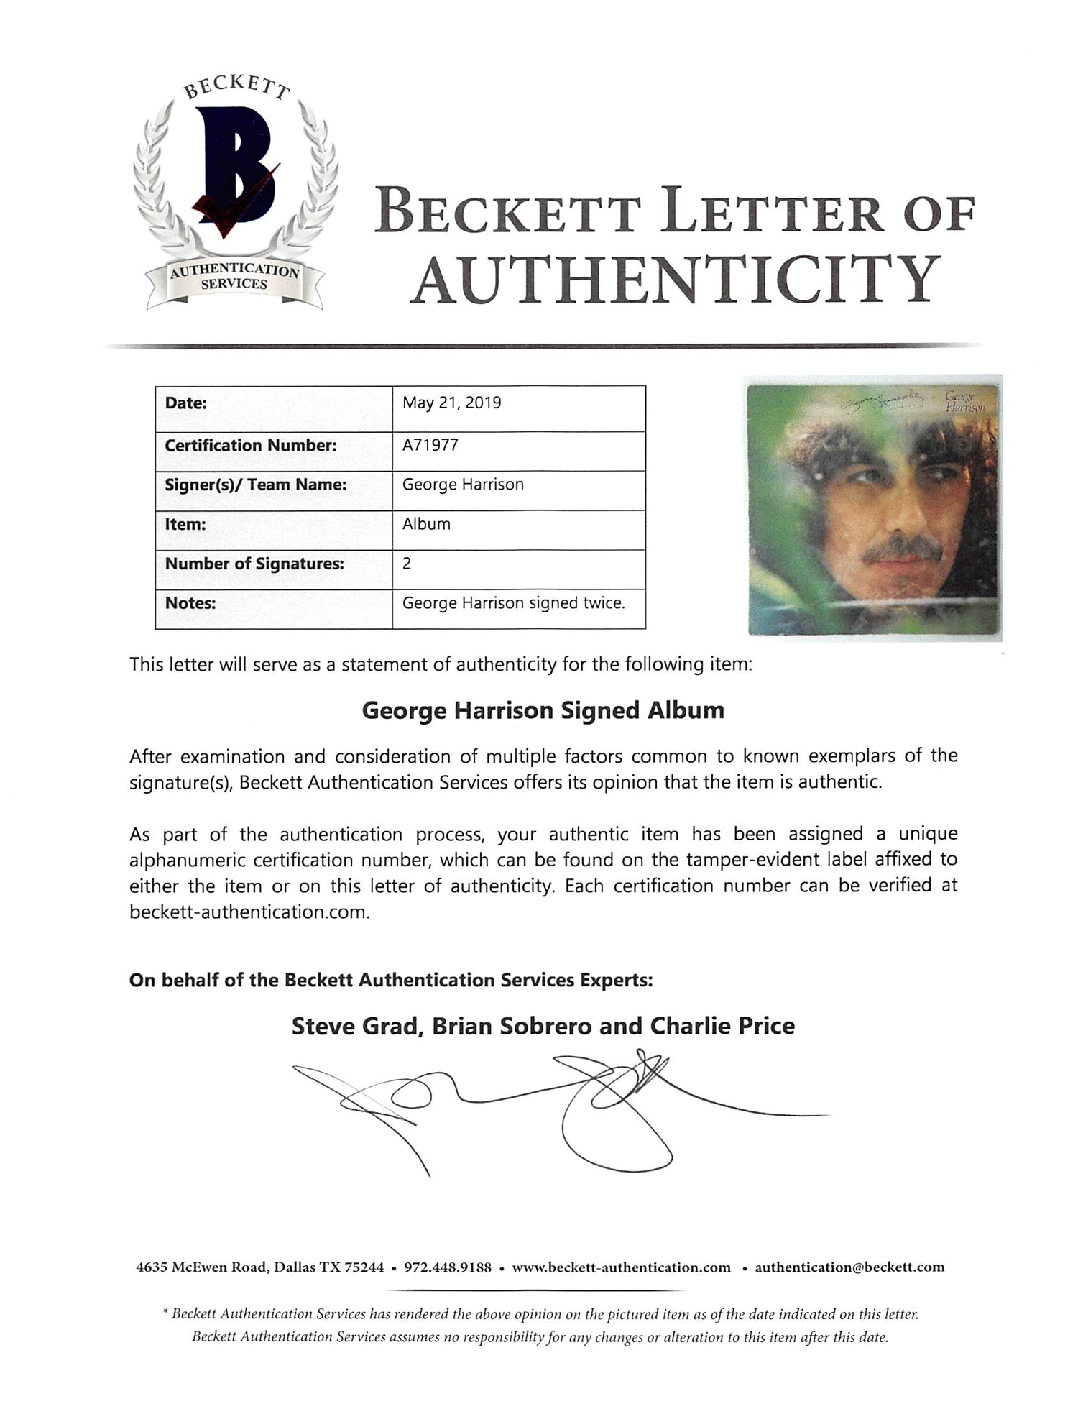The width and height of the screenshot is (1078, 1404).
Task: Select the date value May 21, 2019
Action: pos(451,403)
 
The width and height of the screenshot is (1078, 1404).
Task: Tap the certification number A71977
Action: pos(430,445)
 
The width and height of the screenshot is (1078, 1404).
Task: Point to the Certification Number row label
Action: pos(250,445)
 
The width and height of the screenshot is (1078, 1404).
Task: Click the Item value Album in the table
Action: pos(426,524)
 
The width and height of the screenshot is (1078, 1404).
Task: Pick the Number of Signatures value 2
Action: pos(407,564)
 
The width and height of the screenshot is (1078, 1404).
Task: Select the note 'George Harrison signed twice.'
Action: pos(513,603)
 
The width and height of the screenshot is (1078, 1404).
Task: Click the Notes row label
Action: pos(190,603)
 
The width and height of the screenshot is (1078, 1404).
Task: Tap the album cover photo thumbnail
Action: pos(875,508)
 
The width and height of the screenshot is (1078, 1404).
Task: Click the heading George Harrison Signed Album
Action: pos(543,710)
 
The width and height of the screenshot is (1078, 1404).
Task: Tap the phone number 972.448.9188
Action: pos(448,1267)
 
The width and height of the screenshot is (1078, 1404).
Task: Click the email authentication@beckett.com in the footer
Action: pos(849,1267)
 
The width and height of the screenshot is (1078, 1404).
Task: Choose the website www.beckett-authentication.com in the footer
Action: pos(621,1267)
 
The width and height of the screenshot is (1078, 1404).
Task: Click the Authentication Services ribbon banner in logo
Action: pos(234,277)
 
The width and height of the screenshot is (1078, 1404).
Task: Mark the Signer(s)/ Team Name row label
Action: pos(256,485)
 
